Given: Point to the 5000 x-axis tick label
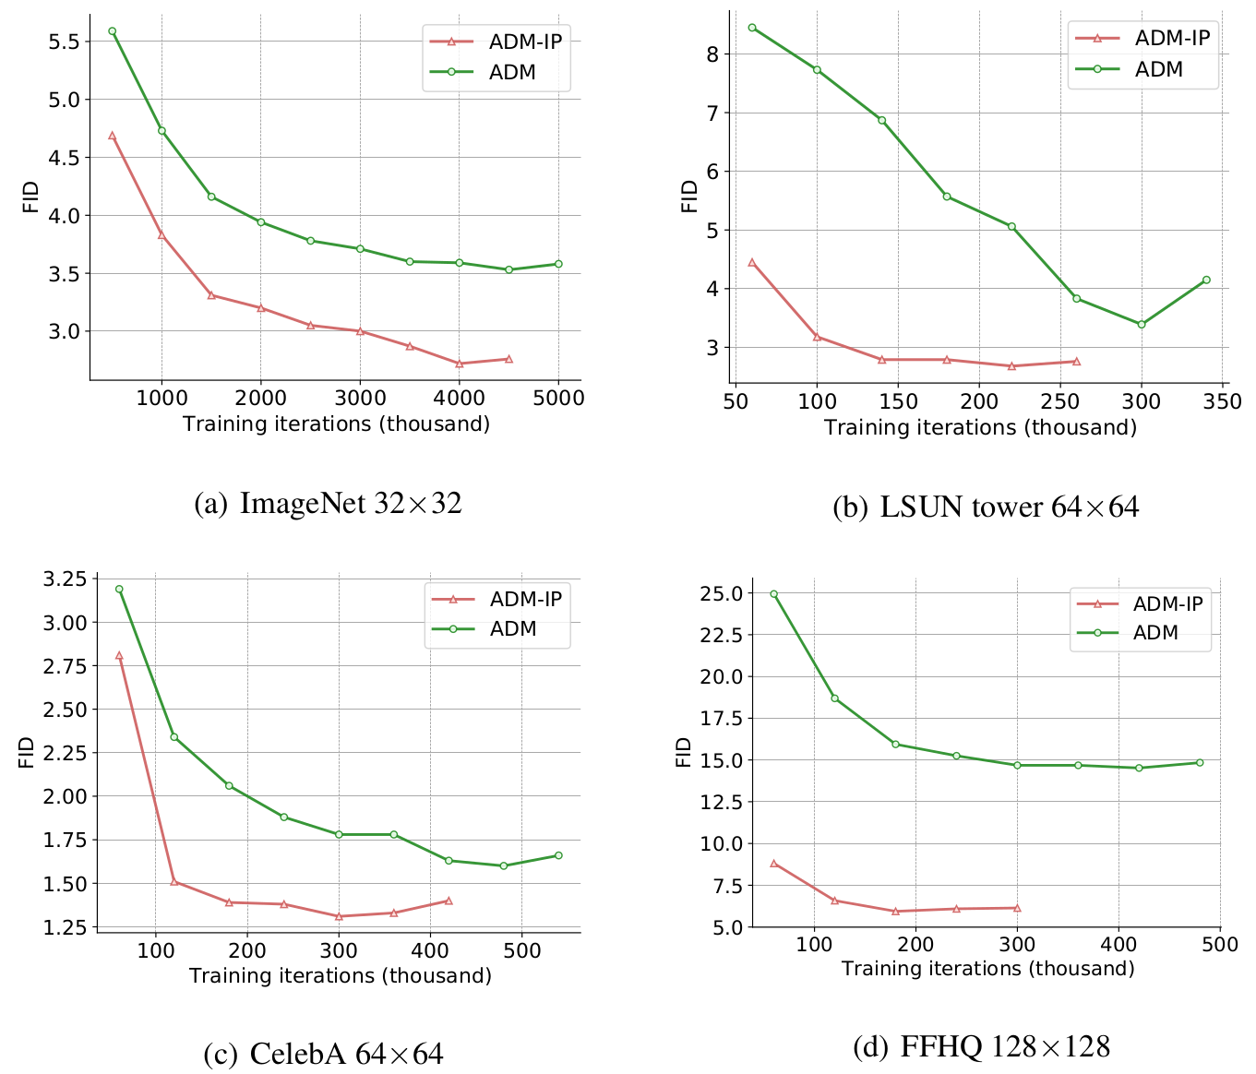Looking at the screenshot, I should click(x=558, y=398).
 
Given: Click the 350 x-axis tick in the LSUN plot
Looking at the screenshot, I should click(x=1223, y=401).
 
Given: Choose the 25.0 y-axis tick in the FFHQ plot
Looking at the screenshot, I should click(x=723, y=593).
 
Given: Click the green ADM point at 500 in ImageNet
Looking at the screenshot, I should click(x=113, y=31).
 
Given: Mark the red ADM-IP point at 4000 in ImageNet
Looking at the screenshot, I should click(x=460, y=364).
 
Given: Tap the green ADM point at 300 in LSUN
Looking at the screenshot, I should click(x=1142, y=324).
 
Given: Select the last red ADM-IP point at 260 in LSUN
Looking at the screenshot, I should click(x=1076, y=362).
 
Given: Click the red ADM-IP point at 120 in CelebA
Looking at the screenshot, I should click(x=173, y=882).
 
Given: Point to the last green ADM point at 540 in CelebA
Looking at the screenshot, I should click(x=558, y=855).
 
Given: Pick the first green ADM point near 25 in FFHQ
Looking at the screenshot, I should click(x=774, y=594).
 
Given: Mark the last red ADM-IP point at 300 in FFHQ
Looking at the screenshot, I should click(x=1017, y=908).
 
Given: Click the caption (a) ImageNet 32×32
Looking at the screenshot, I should click(x=328, y=504).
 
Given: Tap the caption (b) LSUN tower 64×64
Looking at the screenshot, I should click(x=986, y=507).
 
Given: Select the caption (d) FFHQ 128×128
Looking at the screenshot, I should click(x=981, y=1046).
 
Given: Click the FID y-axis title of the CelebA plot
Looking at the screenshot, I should click(x=26, y=752).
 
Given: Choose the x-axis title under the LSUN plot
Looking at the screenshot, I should click(x=980, y=428).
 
